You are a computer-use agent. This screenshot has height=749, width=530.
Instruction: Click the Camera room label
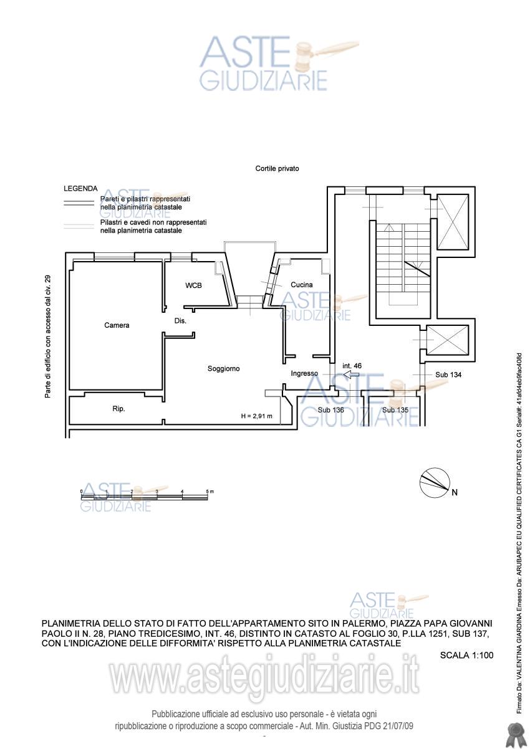(x=117, y=325)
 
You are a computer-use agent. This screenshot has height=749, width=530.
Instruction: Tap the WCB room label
(x=193, y=285)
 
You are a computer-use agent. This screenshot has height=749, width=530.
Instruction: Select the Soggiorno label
(x=223, y=369)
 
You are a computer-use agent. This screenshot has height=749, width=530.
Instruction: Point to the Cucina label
(x=301, y=285)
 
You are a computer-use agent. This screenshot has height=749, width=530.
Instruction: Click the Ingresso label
(x=304, y=373)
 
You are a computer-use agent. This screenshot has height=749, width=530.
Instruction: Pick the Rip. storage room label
(x=118, y=409)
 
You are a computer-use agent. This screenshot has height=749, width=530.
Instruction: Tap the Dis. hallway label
(x=180, y=321)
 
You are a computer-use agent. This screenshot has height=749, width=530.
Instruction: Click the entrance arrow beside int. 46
(x=351, y=375)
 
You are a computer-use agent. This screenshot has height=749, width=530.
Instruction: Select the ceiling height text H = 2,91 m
(x=257, y=416)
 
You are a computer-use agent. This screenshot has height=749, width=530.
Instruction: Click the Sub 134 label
(x=448, y=375)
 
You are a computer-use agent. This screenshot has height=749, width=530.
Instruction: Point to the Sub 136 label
(x=330, y=410)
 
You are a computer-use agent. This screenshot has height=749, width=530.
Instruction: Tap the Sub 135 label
(x=395, y=410)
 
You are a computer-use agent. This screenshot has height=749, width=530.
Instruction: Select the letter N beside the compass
(x=455, y=492)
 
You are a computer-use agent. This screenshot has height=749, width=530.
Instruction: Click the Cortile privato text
(x=277, y=168)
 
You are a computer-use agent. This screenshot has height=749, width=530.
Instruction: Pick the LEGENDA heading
(x=80, y=189)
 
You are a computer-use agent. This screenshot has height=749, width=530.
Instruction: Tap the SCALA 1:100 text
(x=466, y=655)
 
